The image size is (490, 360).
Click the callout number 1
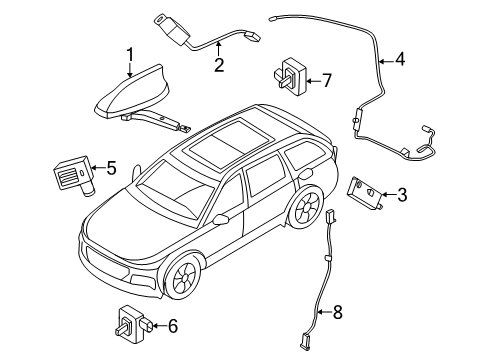pos(130,55)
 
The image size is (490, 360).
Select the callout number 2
pos(219,65)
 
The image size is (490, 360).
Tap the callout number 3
pos(402,195)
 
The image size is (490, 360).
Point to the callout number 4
pos(400,59)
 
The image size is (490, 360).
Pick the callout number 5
pos(111,168)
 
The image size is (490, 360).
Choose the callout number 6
pos(172,326)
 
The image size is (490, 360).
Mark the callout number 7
pos(327,80)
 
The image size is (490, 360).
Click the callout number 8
pos(338,312)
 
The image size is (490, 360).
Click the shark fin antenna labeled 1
pos(133,92)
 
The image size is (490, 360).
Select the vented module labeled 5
pos(75,175)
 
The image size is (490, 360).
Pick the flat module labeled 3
pos(366,194)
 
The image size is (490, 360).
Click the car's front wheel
pos(184,277)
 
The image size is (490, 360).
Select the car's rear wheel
pos(306,207)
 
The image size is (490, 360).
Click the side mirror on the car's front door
pos(221,219)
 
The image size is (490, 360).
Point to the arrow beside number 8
pos(324,312)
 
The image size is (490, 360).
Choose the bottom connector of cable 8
pos(304,342)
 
